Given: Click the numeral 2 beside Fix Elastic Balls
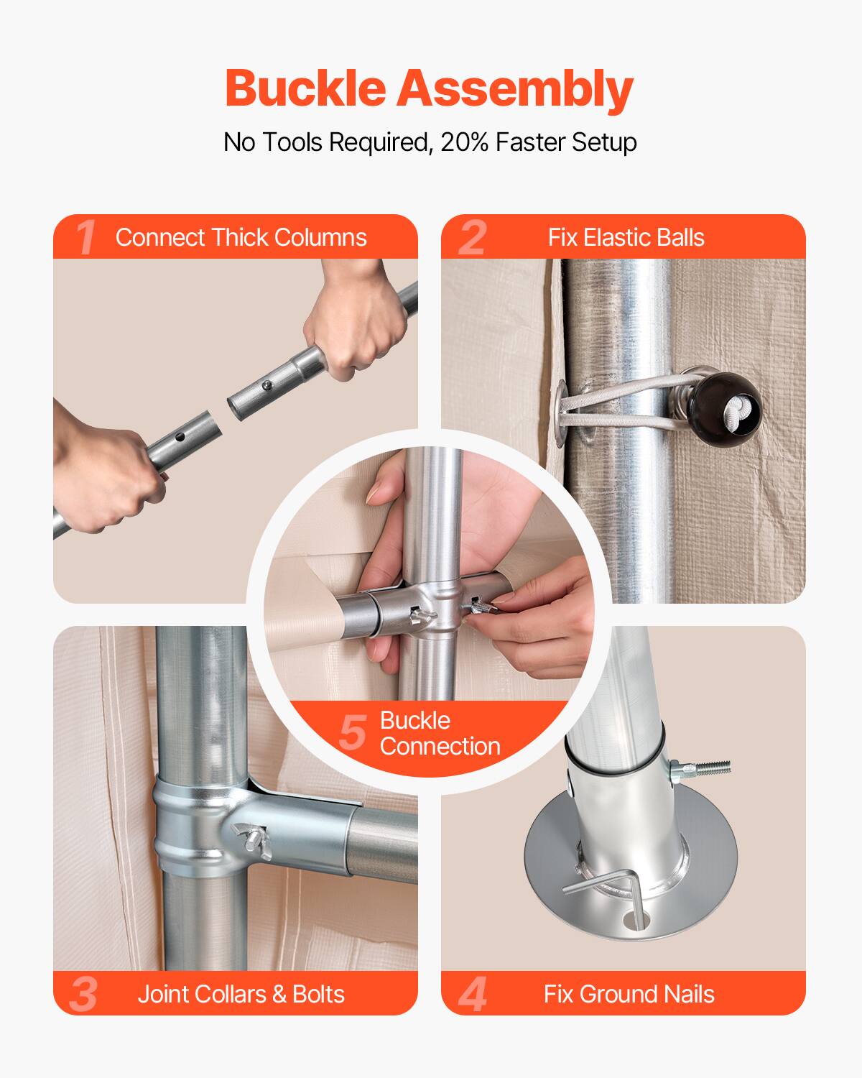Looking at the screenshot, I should click(x=472, y=237).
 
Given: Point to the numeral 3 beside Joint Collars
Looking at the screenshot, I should click(x=84, y=994).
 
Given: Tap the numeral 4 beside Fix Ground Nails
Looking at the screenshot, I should click(x=472, y=994).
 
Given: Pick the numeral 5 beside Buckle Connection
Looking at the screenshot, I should click(x=353, y=732).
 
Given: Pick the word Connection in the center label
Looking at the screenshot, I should click(x=440, y=746).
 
